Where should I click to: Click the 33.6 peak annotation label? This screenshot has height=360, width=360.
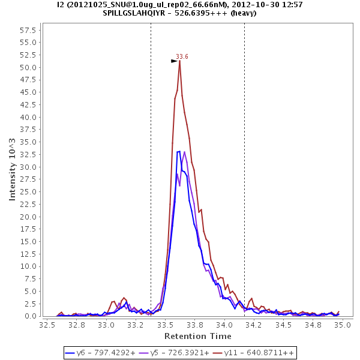[x=182, y=56]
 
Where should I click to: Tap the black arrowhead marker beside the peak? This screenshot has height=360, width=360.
[x=174, y=61]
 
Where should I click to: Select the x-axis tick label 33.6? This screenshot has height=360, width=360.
[x=180, y=325]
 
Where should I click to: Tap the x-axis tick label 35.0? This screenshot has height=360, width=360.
[x=342, y=325]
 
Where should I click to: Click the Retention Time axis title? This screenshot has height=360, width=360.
[x=194, y=335]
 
